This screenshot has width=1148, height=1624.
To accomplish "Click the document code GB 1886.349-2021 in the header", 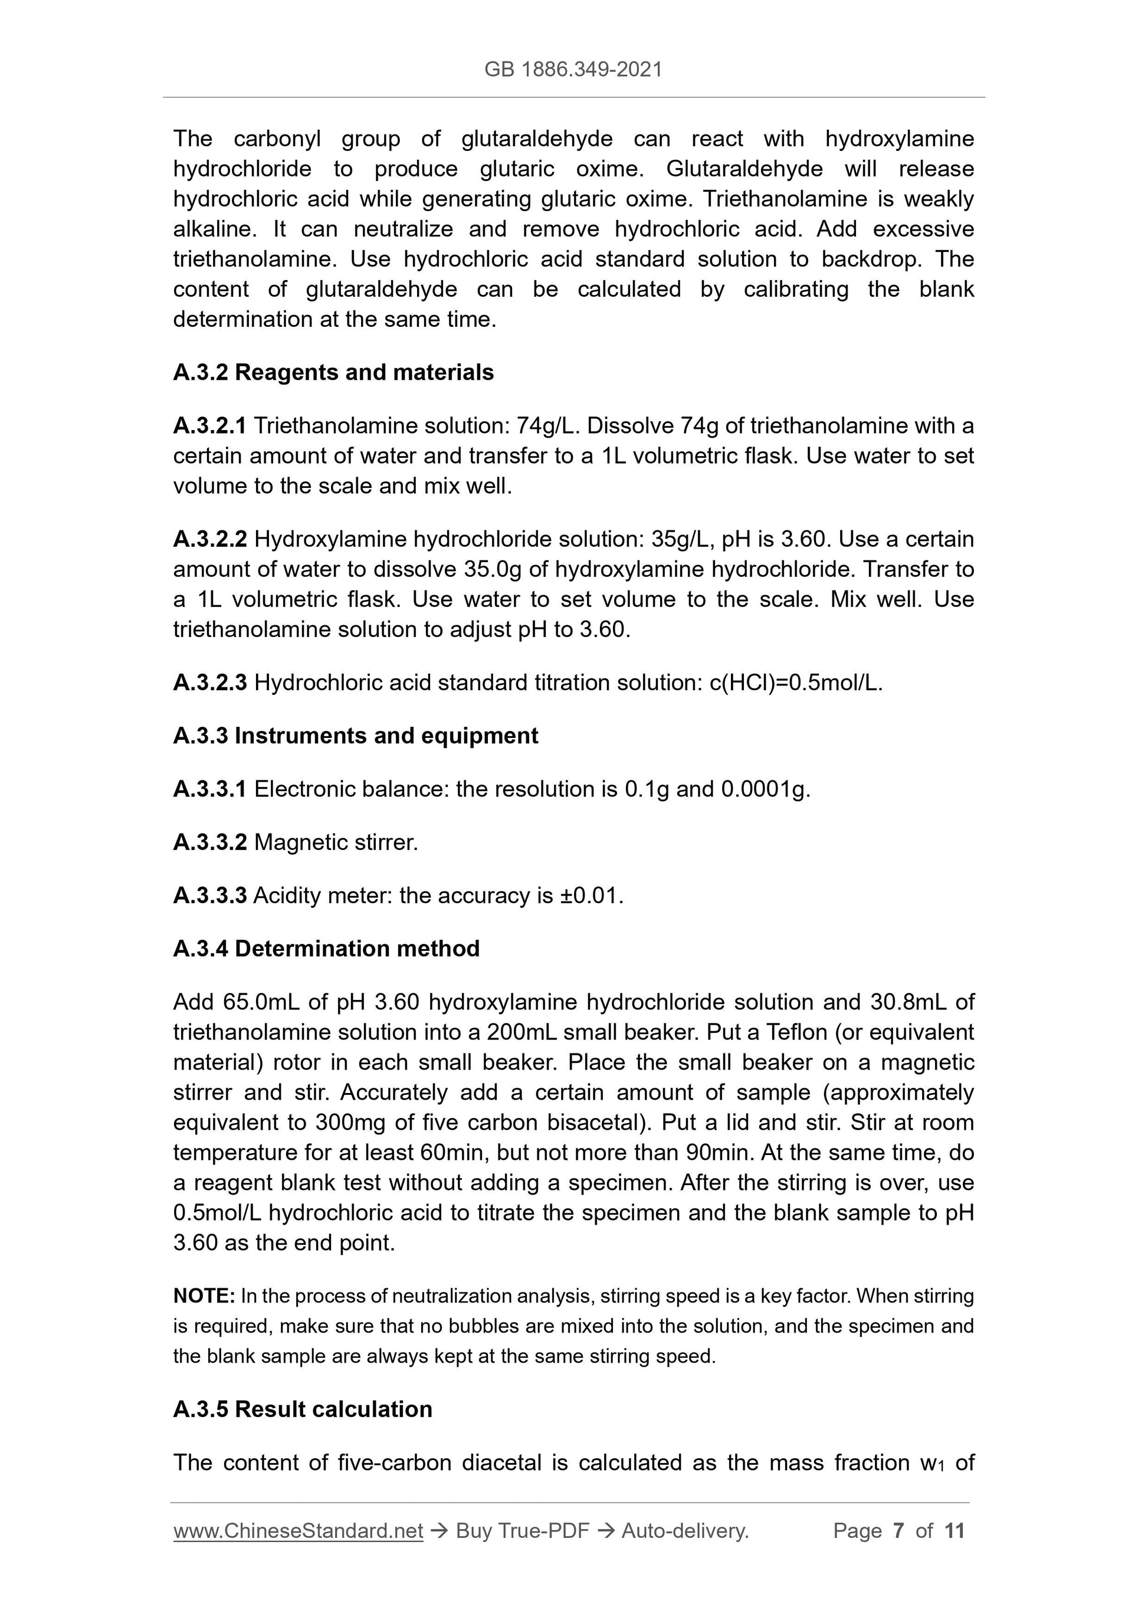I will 573,70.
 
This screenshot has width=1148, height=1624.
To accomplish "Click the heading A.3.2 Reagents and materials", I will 333,373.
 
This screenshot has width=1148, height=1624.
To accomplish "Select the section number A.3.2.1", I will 209,426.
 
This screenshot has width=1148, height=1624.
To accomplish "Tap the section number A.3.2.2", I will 210,540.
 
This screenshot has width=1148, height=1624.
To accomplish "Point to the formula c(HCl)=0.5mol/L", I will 795,683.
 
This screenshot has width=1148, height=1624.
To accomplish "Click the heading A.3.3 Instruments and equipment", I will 355,736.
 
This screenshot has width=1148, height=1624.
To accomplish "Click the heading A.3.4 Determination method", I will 326,949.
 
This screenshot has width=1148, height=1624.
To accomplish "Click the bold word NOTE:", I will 204,1297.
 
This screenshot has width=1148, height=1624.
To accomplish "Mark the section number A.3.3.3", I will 209,896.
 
